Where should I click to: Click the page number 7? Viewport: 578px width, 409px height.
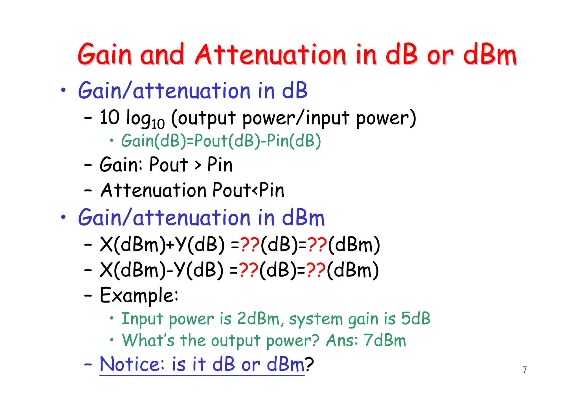(x=524, y=370)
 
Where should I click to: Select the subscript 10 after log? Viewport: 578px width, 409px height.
(x=158, y=124)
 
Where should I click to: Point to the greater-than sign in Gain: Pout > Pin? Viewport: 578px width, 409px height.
(x=198, y=165)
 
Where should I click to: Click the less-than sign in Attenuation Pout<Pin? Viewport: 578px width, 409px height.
(x=255, y=191)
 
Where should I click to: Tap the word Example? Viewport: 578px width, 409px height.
(x=139, y=295)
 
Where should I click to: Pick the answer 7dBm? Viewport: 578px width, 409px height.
(x=385, y=340)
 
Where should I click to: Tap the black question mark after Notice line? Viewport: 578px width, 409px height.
(x=309, y=364)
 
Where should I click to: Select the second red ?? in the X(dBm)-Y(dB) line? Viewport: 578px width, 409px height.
(x=316, y=270)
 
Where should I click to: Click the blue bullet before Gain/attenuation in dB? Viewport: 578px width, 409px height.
(x=64, y=90)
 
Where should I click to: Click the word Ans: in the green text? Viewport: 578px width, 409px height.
(x=342, y=340)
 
